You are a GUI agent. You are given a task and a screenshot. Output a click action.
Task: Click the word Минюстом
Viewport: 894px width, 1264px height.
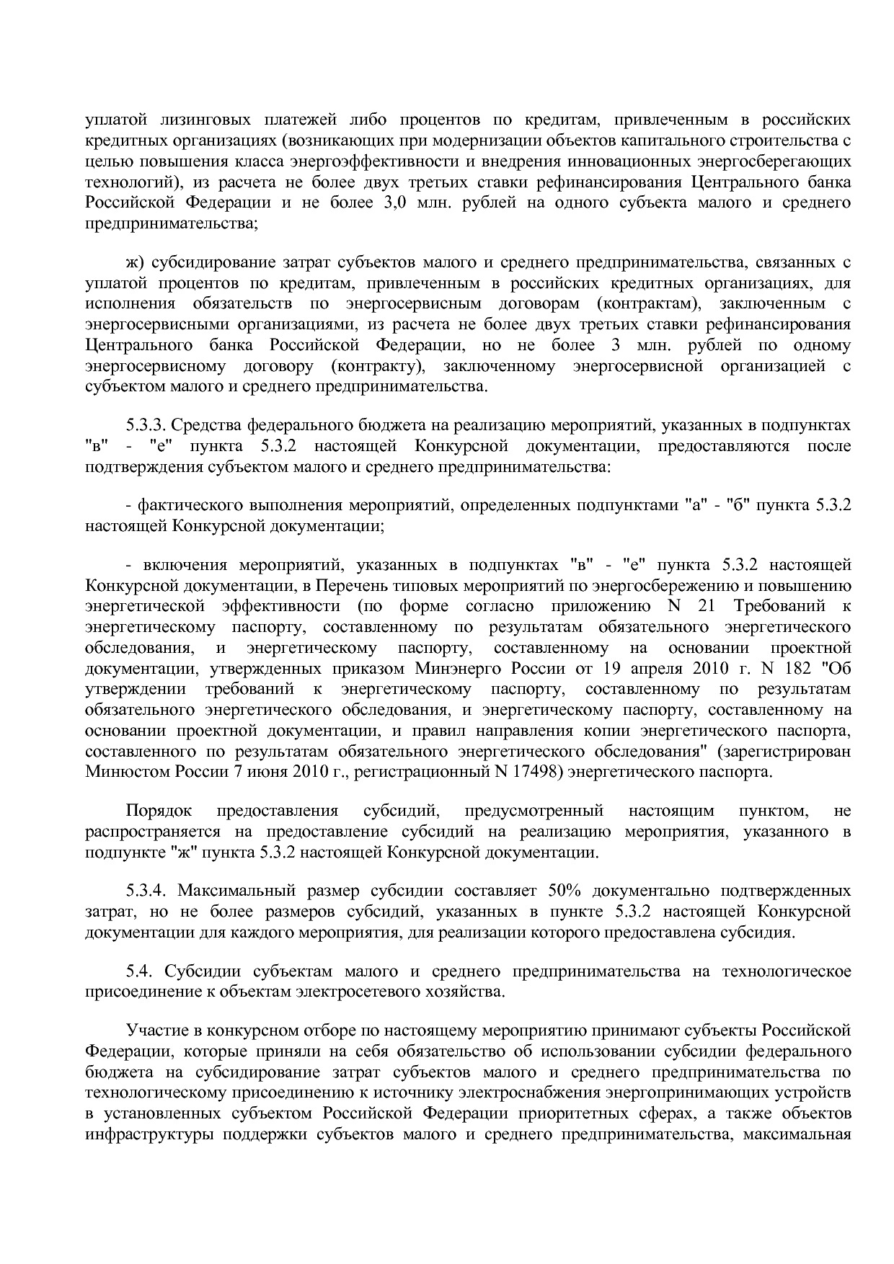[120, 773]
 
